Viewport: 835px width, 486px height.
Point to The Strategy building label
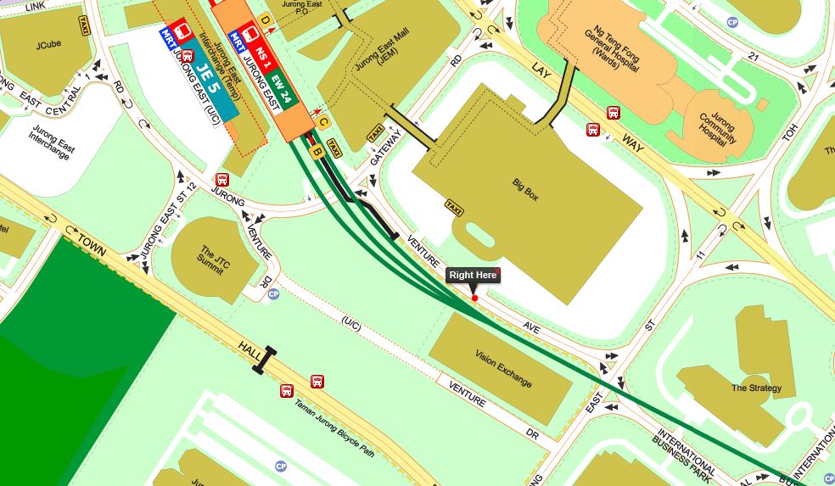pyautogui.click(x=757, y=388)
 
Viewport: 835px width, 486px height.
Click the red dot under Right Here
pyautogui.click(x=474, y=298)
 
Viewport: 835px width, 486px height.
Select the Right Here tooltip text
pyautogui.click(x=473, y=275)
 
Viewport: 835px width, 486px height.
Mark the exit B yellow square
pyautogui.click(x=317, y=152)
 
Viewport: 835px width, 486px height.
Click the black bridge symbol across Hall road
pyautogui.click(x=264, y=360)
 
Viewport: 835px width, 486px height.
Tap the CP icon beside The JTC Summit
pyautogui.click(x=273, y=294)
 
